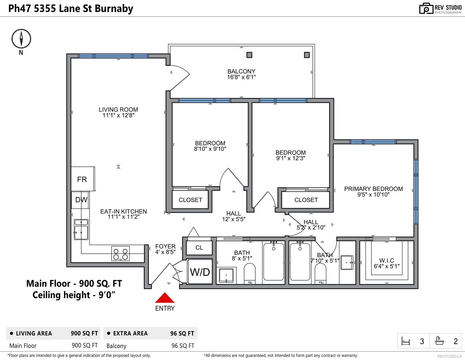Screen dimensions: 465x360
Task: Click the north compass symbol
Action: click(21, 39)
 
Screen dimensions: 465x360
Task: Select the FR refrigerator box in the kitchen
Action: click(83, 179)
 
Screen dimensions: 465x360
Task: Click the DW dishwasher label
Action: click(81, 200)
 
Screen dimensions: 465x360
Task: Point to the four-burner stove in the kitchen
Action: click(121, 253)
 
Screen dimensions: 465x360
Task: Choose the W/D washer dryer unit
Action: click(200, 272)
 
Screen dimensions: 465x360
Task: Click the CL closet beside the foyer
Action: click(199, 248)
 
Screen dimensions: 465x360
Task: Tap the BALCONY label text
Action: click(242, 71)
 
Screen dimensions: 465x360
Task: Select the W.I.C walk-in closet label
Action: click(387, 261)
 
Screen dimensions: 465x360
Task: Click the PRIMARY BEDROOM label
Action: click(373, 189)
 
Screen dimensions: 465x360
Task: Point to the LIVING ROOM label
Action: click(118, 110)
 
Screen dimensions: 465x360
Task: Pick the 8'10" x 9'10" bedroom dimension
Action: click(210, 149)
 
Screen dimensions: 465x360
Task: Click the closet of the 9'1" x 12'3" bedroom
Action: click(306, 200)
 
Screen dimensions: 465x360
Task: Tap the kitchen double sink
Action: click(81, 229)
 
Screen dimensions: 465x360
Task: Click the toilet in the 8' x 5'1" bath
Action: click(250, 274)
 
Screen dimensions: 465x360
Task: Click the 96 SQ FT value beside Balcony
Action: click(183, 346)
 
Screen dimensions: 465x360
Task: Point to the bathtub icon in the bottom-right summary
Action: click(439, 341)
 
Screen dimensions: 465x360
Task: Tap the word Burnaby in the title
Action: click(114, 9)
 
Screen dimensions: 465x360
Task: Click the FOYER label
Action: click(165, 246)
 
